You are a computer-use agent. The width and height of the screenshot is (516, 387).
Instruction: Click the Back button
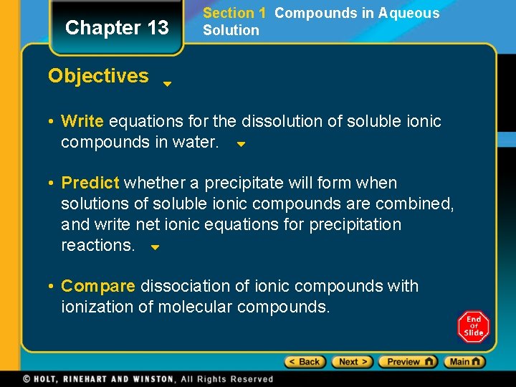tap(305, 362)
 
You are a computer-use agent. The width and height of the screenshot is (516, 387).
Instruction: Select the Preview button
tap(408, 362)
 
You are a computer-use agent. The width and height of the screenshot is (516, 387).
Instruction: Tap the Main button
tap(464, 362)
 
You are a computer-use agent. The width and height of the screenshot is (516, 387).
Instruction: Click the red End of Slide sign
tap(473, 327)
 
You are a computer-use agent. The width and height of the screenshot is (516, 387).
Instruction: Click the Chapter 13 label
tap(117, 28)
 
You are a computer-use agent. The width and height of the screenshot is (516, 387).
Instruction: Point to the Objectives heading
tap(98, 76)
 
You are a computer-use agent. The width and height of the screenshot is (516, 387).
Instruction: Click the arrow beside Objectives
tap(166, 84)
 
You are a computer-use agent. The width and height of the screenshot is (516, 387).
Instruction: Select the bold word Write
tap(82, 121)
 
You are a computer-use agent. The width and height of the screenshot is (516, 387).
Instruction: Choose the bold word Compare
tap(98, 287)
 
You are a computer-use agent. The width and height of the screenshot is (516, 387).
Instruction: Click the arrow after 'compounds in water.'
tap(242, 144)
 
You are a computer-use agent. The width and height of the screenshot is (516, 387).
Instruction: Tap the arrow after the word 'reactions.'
tap(155, 248)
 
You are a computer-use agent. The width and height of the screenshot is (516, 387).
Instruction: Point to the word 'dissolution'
tap(282, 121)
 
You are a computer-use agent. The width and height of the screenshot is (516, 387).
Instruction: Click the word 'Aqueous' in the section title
tap(408, 13)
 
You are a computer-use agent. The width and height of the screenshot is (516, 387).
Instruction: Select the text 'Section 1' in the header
tap(234, 13)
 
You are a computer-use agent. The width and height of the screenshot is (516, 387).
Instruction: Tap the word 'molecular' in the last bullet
tap(193, 307)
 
